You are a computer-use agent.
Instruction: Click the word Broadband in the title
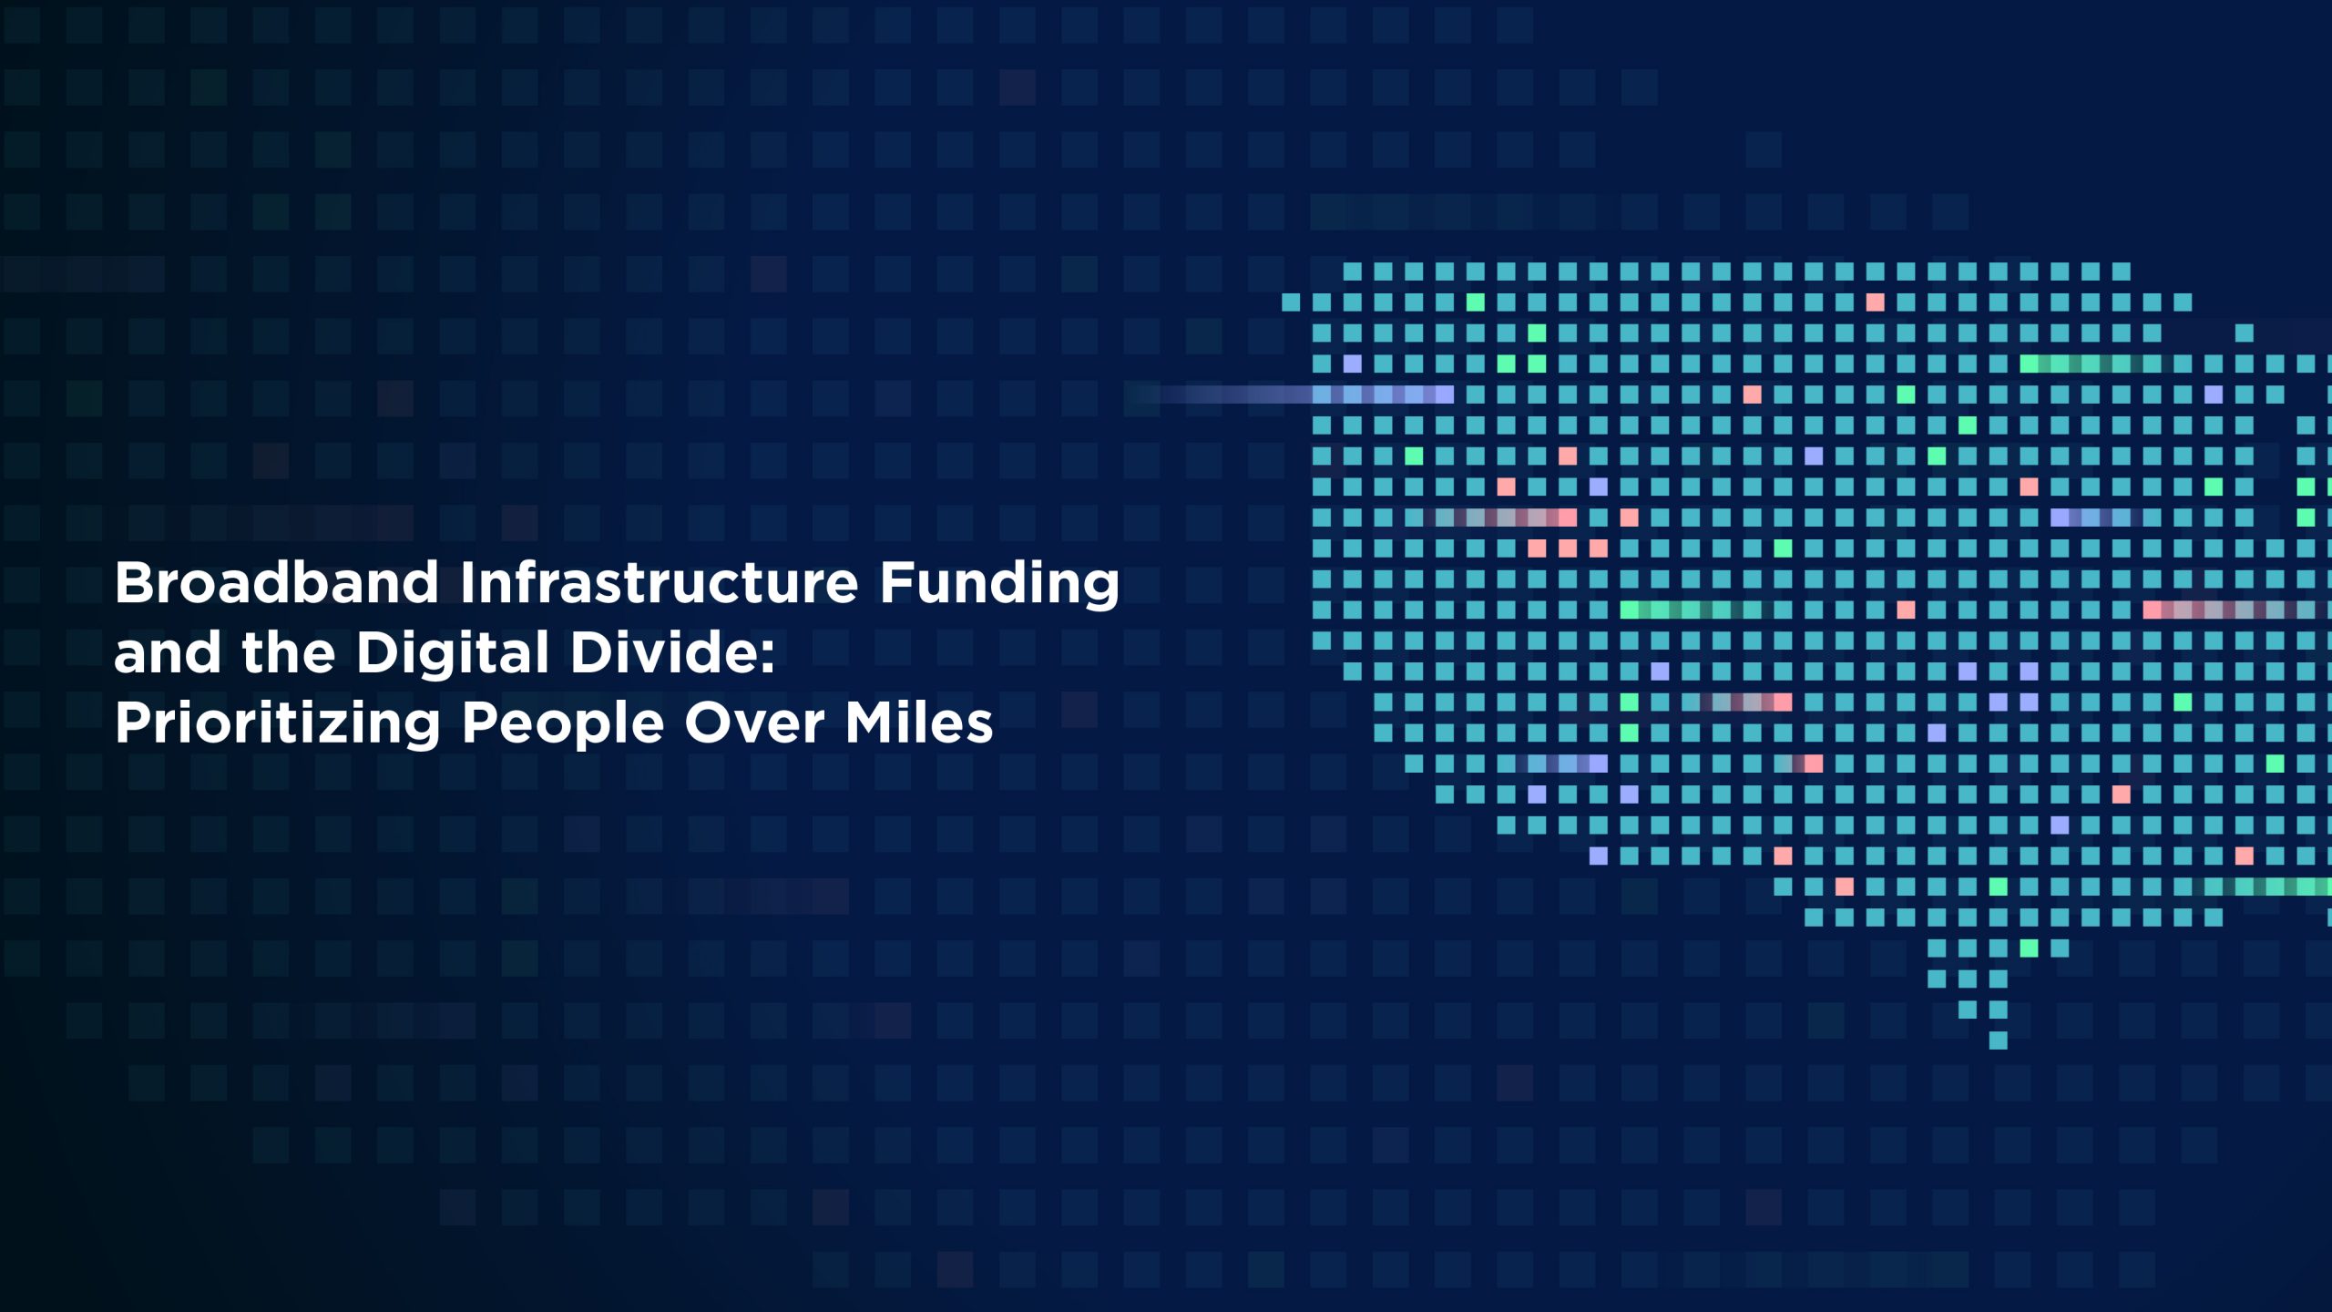tap(277, 582)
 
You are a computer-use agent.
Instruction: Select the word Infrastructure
tap(659, 582)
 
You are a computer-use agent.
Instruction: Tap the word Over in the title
tap(753, 723)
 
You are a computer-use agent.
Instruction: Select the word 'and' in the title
tap(167, 653)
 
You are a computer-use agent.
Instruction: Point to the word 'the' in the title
tap(288, 653)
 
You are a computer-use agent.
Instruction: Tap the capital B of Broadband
tap(135, 582)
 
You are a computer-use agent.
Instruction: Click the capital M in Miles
tap(870, 723)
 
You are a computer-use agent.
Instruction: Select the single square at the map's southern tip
tap(1998, 1040)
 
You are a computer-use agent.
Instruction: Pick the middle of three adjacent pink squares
tap(1567, 548)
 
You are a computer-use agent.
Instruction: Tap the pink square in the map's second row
tap(1875, 302)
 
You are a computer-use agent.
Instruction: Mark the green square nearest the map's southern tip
tap(2029, 948)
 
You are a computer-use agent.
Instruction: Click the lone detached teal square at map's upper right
tap(2245, 333)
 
